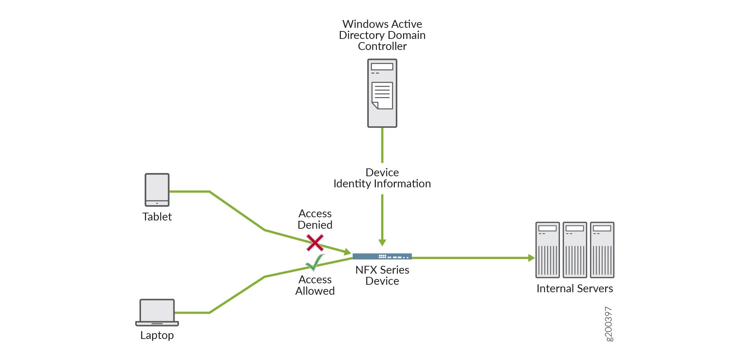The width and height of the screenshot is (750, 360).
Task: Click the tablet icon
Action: tap(157, 190)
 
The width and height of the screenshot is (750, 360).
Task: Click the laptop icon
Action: tap(157, 312)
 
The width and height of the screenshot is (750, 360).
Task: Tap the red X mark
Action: tap(315, 243)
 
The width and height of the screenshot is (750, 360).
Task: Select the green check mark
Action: tap(315, 263)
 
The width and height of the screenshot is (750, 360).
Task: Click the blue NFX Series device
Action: tap(382, 256)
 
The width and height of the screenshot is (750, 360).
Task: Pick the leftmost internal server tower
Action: tap(547, 250)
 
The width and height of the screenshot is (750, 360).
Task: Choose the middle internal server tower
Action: tap(574, 250)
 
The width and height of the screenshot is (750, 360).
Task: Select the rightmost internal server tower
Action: tap(602, 250)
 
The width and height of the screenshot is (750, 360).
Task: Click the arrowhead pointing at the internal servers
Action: tap(531, 258)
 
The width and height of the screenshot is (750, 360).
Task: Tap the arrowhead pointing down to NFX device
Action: tap(382, 243)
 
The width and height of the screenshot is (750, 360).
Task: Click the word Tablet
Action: tap(157, 217)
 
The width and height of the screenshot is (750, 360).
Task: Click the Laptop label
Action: tap(157, 335)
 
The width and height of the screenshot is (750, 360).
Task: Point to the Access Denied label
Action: tap(315, 219)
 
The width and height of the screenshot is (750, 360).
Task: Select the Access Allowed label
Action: tap(315, 285)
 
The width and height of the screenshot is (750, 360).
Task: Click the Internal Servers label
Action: tap(574, 288)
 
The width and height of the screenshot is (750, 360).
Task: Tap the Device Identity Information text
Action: tap(382, 178)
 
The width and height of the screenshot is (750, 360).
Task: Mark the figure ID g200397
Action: tap(608, 324)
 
